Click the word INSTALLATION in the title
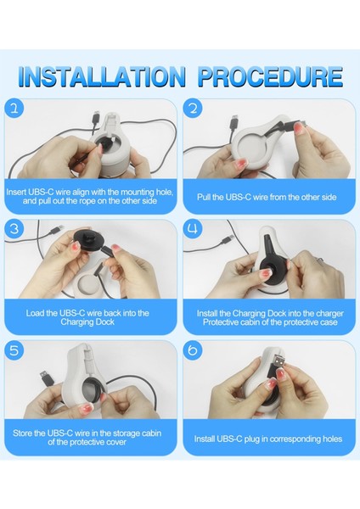pos(102,76)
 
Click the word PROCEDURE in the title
pos(270,76)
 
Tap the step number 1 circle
pos(14,109)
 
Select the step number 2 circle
pos(193,109)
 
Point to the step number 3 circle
pos(14,229)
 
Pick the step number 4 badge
pos(193,229)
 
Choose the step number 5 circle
pos(14,350)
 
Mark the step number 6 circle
pos(193,350)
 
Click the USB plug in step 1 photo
pos(96,118)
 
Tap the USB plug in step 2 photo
pos(234,123)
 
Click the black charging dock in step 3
pos(88,241)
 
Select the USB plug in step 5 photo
pos(46,378)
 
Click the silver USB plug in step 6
pos(279,361)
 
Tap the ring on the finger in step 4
pos(320,260)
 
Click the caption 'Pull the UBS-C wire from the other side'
pos(267,197)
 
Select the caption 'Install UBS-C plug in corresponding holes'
pos(268,439)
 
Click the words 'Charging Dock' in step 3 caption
pos(87,322)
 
